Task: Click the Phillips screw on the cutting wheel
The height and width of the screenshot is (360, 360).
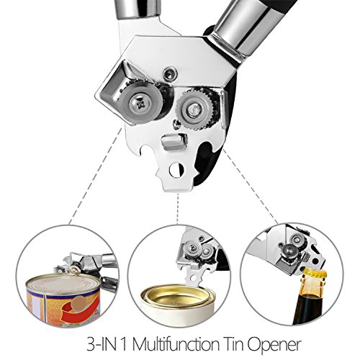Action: click(140, 104)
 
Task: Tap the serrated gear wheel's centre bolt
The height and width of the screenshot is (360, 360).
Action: click(194, 109)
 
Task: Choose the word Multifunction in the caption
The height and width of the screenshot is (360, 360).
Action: click(176, 344)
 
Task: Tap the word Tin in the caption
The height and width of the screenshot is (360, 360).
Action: click(235, 344)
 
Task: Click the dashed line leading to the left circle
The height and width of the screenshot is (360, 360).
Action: click(95, 176)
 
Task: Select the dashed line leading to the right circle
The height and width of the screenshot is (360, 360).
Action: click(251, 186)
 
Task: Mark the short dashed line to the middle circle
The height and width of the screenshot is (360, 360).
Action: click(178, 208)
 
